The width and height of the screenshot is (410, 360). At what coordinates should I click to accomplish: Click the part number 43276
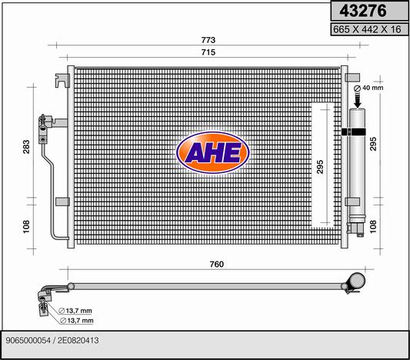click(x=362, y=11)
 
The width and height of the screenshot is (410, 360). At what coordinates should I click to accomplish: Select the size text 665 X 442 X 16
click(x=367, y=29)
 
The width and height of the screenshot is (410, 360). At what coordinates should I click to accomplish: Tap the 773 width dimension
click(x=208, y=40)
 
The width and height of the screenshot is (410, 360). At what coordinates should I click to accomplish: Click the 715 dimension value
click(x=208, y=52)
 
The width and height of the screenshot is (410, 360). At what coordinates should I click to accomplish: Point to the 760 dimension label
click(x=216, y=264)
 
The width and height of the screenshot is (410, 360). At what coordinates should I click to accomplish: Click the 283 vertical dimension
click(x=26, y=147)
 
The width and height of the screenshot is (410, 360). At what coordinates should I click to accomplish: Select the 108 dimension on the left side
click(x=26, y=226)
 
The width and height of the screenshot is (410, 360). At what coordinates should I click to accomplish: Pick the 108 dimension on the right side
click(x=373, y=226)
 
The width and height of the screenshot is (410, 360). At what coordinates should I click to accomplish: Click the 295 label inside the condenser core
click(x=320, y=166)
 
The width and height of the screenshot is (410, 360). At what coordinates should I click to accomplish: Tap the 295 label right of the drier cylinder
click(x=373, y=144)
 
